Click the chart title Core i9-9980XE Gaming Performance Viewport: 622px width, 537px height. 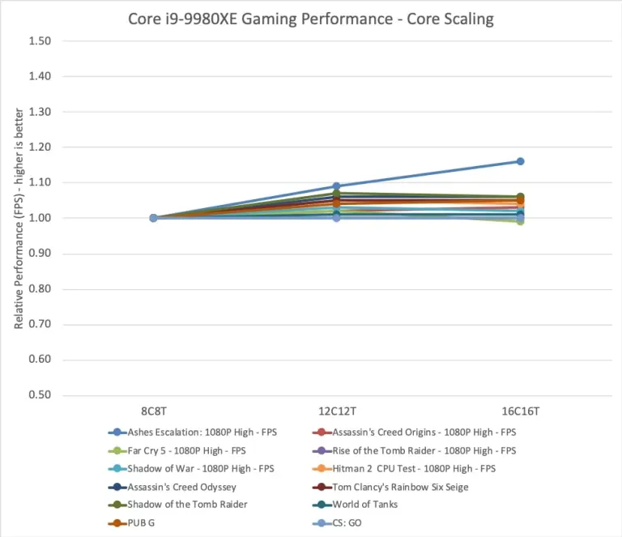[x=311, y=18]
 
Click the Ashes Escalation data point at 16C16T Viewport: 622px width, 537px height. [x=520, y=161]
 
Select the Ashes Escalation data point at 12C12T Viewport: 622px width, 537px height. [x=337, y=186]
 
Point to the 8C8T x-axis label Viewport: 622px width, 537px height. [x=154, y=411]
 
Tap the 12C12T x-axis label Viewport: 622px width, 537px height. [x=337, y=411]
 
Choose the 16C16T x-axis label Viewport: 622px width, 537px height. [x=520, y=411]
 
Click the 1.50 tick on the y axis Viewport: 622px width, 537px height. [x=40, y=40]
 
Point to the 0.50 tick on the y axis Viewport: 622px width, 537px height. [x=40, y=395]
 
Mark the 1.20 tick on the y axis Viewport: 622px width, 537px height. [x=40, y=147]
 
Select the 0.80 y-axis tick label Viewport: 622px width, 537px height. [x=40, y=289]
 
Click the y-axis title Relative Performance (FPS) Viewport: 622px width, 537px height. [x=19, y=219]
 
